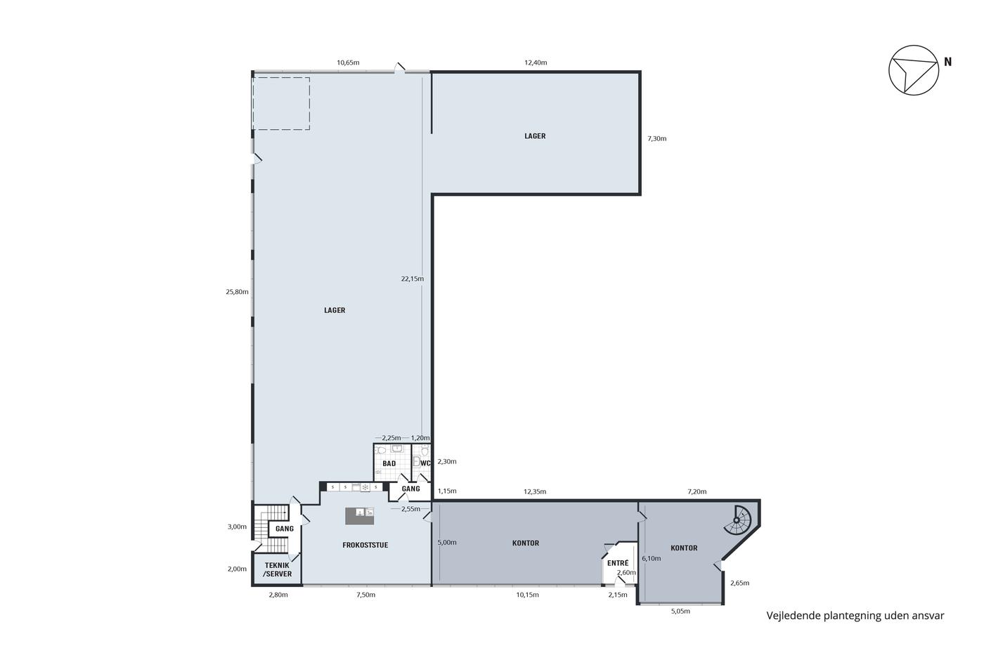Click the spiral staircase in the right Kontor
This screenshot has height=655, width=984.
[738, 520]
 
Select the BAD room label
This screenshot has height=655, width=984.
[389, 463]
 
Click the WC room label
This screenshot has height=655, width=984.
[425, 463]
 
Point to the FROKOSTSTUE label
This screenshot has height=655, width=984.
[365, 545]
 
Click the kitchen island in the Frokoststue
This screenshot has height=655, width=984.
[359, 516]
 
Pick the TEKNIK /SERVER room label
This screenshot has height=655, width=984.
[277, 569]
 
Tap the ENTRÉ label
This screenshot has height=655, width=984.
[618, 563]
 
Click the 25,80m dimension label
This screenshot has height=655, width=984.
[238, 292]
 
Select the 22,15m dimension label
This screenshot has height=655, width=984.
[413, 279]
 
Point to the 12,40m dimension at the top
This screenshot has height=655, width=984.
[536, 62]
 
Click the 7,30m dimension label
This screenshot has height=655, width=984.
[656, 138]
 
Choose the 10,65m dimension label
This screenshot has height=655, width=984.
[348, 62]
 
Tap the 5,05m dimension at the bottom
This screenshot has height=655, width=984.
[680, 611]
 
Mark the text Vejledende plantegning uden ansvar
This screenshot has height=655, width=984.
[855, 616]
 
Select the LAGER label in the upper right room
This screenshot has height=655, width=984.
[535, 136]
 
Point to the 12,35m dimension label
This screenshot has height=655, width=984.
[535, 491]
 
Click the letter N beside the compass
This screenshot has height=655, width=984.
[947, 62]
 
